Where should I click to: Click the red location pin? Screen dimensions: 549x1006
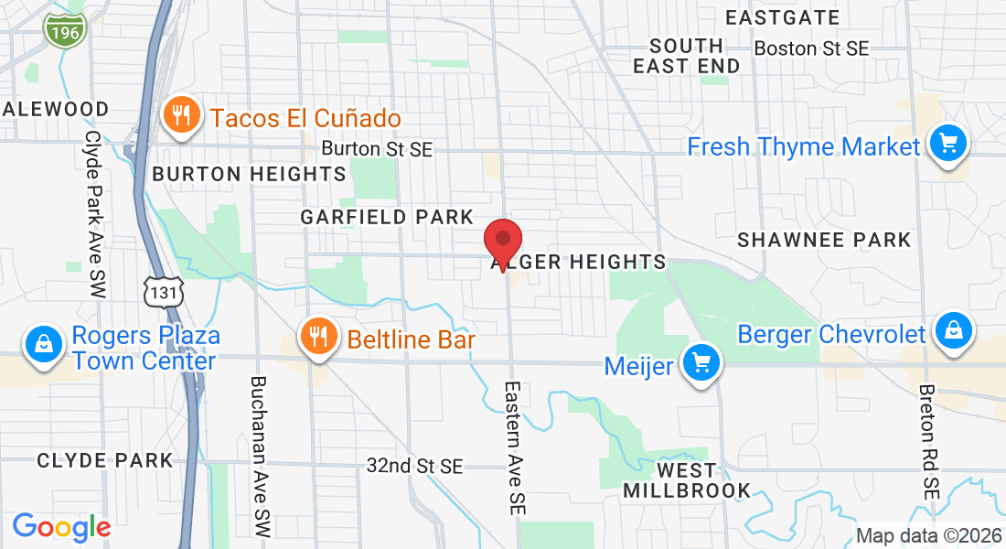click(502, 242)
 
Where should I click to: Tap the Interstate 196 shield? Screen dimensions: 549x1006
click(64, 30)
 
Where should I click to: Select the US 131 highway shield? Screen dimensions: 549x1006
click(165, 290)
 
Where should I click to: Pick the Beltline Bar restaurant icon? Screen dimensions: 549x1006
click(317, 338)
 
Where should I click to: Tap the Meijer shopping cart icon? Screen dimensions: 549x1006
click(702, 364)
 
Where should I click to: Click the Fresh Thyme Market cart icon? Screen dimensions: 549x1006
click(948, 144)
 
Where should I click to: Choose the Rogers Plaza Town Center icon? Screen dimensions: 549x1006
click(43, 345)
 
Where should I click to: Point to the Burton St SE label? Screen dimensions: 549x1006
click(377, 148)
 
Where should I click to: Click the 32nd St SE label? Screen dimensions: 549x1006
click(415, 467)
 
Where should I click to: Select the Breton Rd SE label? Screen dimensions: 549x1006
click(930, 440)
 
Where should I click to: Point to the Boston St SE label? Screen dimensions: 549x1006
click(811, 48)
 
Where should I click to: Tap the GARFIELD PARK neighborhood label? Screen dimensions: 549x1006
click(388, 217)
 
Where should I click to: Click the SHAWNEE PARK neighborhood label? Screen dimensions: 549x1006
click(824, 240)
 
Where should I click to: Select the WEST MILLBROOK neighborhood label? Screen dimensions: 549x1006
click(687, 480)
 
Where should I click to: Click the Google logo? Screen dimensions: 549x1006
click(61, 527)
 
